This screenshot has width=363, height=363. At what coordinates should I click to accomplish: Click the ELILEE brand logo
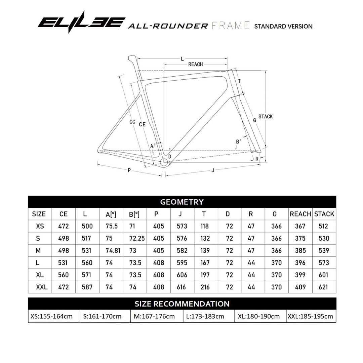coord(81,22)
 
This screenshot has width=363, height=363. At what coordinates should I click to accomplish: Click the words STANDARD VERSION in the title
coord(283,26)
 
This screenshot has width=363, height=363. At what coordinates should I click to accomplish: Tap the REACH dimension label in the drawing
coord(195,64)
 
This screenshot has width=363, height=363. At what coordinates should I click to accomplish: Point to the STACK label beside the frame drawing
coord(266,117)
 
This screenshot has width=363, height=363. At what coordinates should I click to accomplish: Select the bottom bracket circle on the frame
coord(164,163)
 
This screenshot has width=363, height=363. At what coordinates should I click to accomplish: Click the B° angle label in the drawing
coord(239,142)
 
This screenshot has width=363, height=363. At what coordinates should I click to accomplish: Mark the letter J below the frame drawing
coord(213,170)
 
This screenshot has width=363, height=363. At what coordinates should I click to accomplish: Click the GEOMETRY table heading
coord(182,202)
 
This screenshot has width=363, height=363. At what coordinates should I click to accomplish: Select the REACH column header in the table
coord(300,214)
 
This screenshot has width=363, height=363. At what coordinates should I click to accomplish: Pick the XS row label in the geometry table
coord(40,226)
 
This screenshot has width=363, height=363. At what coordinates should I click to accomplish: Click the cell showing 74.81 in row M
coord(113,250)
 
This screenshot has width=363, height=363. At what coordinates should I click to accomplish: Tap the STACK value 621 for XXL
coord(323,287)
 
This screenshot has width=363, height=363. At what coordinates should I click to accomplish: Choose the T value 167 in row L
coord(205,263)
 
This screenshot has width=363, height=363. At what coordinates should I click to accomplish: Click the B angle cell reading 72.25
coord(137,238)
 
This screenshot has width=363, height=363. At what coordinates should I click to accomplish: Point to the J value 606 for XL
coord(182,275)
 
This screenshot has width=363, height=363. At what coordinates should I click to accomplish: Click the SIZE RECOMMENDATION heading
coord(182,304)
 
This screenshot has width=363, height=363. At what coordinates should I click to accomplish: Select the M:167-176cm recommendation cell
coord(156,316)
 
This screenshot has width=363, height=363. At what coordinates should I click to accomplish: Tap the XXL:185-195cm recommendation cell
coord(310,316)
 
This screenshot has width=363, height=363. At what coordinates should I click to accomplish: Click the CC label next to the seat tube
coord(132,122)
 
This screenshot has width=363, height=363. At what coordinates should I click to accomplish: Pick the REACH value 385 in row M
coord(300,250)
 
